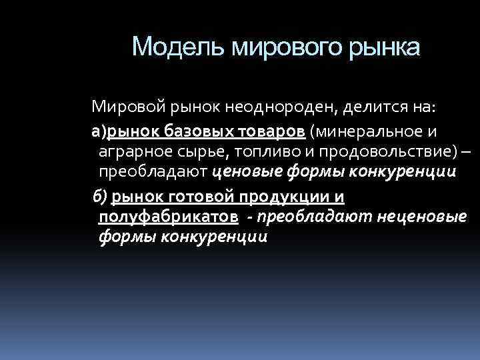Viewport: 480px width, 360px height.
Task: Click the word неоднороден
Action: pyautogui.click(x=256, y=105)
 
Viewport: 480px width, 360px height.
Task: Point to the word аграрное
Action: pyautogui.click(x=131, y=151)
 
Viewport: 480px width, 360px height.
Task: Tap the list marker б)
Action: pyautogui.click(x=101, y=196)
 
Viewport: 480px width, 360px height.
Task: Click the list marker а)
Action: pyautogui.click(x=99, y=128)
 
